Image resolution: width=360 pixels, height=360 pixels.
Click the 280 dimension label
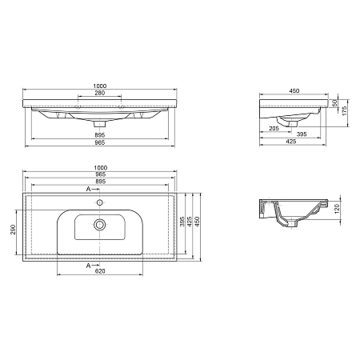tap(99, 94)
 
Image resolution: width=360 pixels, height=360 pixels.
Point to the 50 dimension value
tap(336, 106)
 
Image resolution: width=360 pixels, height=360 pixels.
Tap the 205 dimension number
tap(274, 128)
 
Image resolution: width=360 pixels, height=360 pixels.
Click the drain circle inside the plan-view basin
tap(100, 225)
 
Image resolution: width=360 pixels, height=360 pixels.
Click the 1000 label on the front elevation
tap(99, 86)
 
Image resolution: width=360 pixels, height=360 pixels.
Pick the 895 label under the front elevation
tap(99, 135)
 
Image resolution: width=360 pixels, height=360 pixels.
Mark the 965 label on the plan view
tap(99, 173)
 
